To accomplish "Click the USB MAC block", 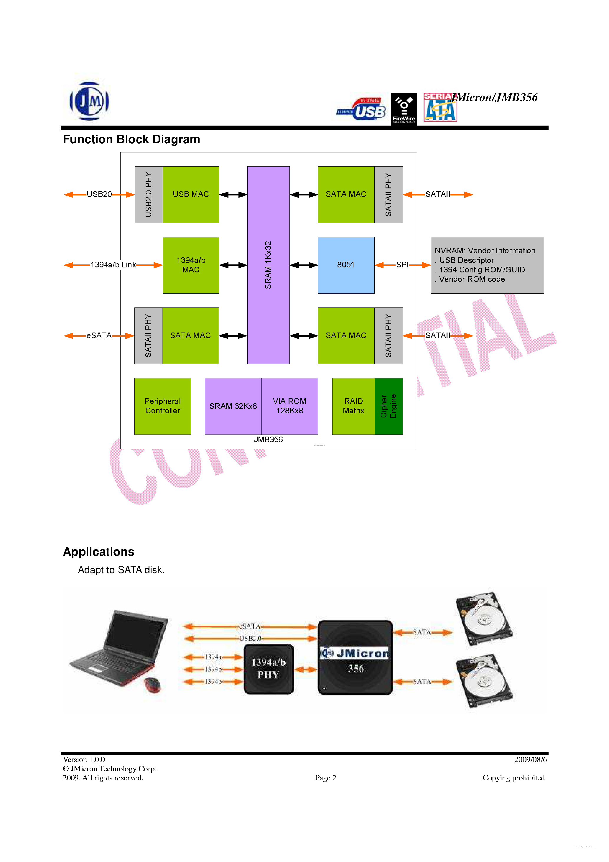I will tap(191, 195).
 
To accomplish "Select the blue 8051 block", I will tap(346, 265).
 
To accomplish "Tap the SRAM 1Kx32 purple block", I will tap(268, 265).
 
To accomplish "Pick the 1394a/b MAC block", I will tap(191, 265).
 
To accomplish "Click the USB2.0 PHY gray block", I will tap(149, 195).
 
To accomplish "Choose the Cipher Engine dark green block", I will tap(389, 406).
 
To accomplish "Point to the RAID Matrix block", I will tap(353, 406).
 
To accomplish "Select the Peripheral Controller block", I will tap(163, 406).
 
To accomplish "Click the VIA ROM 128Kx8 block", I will tap(289, 406).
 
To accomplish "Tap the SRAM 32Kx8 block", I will tap(233, 406).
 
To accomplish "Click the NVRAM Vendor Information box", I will tap(487, 265).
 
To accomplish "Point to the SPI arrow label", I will tap(402, 265).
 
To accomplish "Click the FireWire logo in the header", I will tap(404, 109).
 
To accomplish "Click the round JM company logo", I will tap(89, 101).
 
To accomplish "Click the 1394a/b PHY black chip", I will tap(269, 669).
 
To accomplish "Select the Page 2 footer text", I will tap(325, 778).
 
